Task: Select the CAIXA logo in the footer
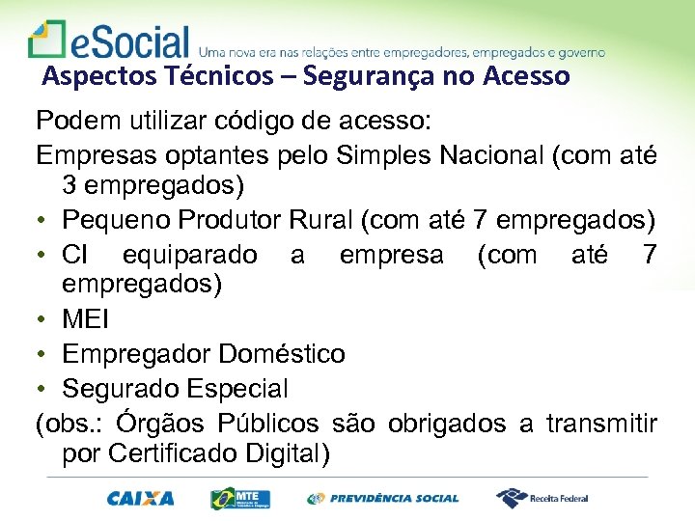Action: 141,499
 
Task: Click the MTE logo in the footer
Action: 240,499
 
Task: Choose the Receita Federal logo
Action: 542,499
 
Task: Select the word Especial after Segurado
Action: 243,389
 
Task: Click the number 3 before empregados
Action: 69,183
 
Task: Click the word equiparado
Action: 190,255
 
